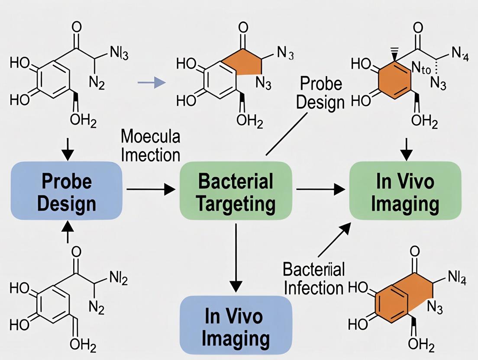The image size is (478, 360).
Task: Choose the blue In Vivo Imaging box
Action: (x=236, y=325)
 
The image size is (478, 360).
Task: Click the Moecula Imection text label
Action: (x=150, y=145)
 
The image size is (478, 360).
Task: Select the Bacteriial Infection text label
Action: (x=314, y=278)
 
